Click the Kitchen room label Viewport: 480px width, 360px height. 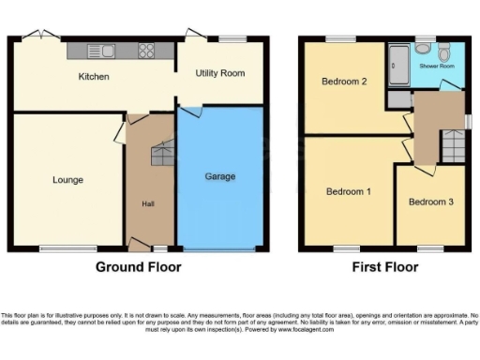click(x=94, y=77)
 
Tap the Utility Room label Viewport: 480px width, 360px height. click(x=220, y=73)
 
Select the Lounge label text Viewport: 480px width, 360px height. click(x=67, y=180)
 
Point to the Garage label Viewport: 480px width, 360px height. click(x=220, y=176)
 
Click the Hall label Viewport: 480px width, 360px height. click(x=148, y=204)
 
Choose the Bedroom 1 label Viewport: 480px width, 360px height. click(x=348, y=192)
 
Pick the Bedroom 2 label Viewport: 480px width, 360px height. click(x=343, y=82)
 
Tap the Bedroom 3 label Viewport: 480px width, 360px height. click(x=430, y=202)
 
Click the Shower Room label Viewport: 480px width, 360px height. click(x=436, y=67)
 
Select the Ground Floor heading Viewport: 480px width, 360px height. click(x=138, y=267)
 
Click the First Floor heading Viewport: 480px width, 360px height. click(x=384, y=267)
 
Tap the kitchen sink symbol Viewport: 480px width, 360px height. click(x=98, y=51)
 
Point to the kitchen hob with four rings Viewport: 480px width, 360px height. click(x=146, y=51)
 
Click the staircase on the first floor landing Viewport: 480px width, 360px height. click(x=452, y=146)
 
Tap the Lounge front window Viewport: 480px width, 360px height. click(x=67, y=248)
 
